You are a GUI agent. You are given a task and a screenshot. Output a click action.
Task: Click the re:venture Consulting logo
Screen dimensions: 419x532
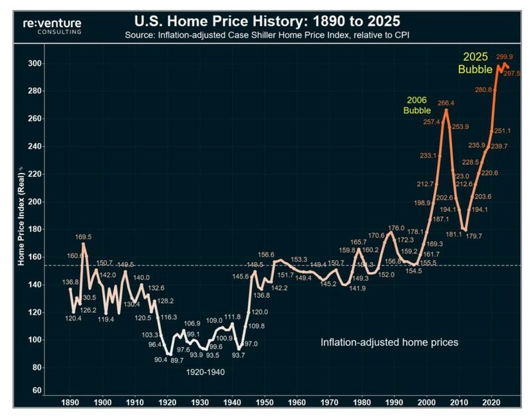tap(53, 26)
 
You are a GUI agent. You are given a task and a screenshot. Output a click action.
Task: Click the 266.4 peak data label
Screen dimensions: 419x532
tap(446, 103)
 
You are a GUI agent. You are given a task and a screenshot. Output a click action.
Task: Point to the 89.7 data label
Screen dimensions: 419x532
tap(176, 360)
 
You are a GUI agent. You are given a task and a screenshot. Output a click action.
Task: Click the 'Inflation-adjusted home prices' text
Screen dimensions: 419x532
tap(390, 342)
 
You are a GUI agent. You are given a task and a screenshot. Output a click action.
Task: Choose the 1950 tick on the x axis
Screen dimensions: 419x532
tap(264, 403)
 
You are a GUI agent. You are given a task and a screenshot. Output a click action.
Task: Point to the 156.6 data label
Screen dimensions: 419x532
tap(267, 254)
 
